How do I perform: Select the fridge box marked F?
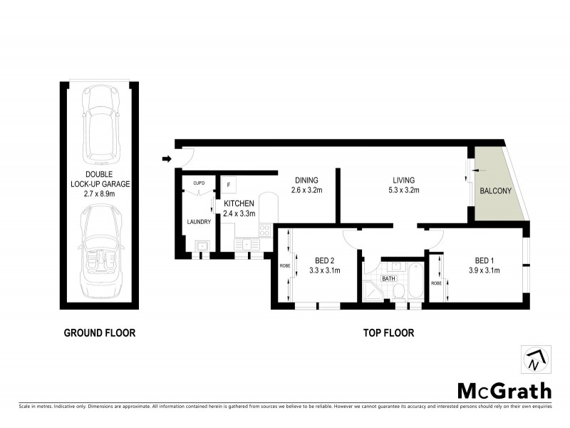[x=229, y=185]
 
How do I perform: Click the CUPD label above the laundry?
[x=199, y=183]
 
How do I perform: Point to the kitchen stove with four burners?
[x=265, y=230]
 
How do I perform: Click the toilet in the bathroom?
[x=400, y=290]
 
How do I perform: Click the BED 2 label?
[x=314, y=260]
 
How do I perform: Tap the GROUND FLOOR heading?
[x=99, y=332]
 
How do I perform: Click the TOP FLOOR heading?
[x=388, y=332]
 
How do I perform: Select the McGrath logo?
[x=504, y=390]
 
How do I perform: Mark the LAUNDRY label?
[x=199, y=222]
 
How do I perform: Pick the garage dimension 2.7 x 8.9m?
[x=100, y=193]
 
